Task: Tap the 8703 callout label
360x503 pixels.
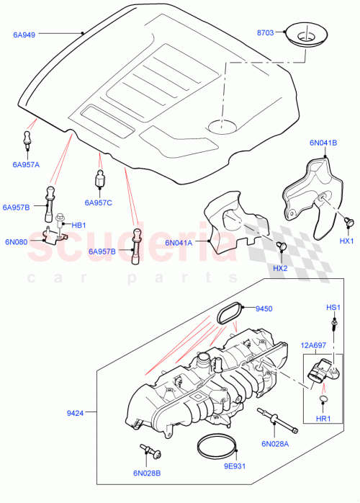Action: [x=267, y=33]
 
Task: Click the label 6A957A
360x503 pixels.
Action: [x=26, y=164]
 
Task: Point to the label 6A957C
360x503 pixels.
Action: [x=99, y=202]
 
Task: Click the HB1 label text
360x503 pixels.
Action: [x=78, y=225]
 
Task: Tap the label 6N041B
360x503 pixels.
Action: [x=323, y=143]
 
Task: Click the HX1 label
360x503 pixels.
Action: [x=346, y=241]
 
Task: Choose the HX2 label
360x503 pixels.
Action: [x=279, y=269]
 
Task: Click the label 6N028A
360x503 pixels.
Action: [x=275, y=444]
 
